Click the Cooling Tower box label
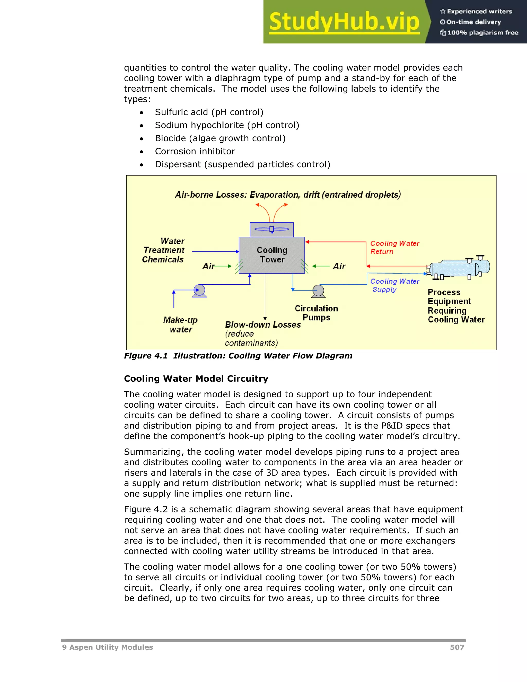point(272,255)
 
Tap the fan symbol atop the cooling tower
point(272,229)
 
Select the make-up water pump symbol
point(199,290)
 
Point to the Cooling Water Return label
point(394,247)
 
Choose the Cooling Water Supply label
point(394,285)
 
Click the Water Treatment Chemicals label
point(163,250)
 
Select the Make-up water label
point(180,325)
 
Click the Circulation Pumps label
point(316,313)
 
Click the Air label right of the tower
point(339,266)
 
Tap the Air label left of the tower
point(208,266)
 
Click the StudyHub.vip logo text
point(344,22)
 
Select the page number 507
point(457,647)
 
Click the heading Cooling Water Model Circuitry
point(196,379)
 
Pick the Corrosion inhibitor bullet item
point(195,151)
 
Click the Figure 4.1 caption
point(238,356)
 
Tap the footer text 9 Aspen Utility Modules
point(107,647)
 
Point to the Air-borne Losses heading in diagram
point(287,195)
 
